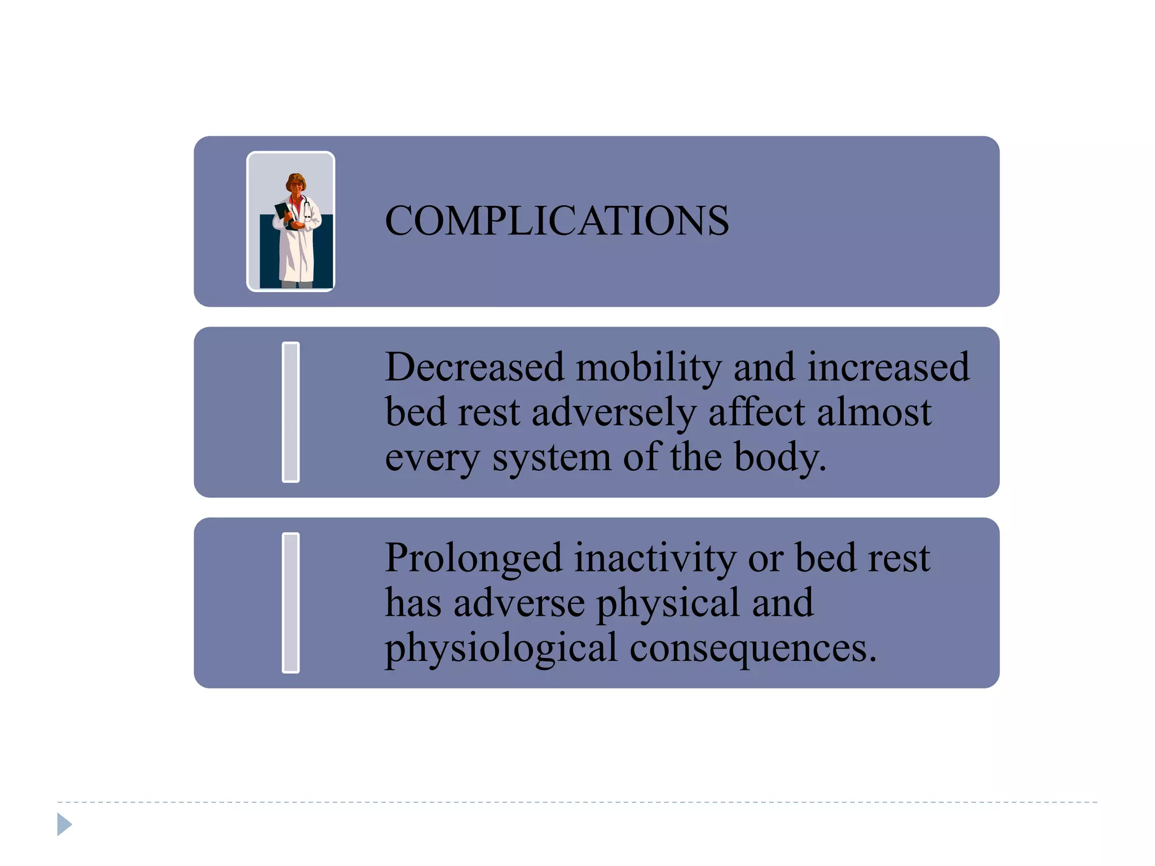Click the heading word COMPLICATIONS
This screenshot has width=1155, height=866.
point(557,220)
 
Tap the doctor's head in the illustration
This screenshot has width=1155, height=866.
point(296,183)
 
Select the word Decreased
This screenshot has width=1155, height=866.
point(474,367)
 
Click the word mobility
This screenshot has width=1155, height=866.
point(649,367)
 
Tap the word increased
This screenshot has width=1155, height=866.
point(888,367)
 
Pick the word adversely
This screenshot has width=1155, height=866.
point(614,413)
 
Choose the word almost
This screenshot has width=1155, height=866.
point(874,412)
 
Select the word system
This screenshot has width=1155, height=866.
point(552,457)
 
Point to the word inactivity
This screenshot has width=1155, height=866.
point(655,559)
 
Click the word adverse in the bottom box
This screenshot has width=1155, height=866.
point(519,603)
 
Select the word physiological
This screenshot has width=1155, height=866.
point(501,648)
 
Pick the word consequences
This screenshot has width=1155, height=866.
point(753,648)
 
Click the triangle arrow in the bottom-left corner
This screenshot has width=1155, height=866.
point(64,824)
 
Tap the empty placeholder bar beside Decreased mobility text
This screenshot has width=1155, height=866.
point(290,412)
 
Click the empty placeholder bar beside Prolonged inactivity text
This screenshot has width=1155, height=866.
point(290,603)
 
